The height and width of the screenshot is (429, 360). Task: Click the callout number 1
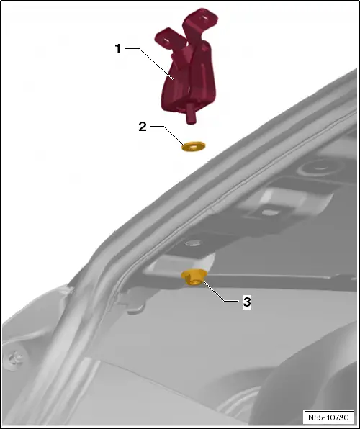pos(119,49)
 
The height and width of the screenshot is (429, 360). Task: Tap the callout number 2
pos(143,127)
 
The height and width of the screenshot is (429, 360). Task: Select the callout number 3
pos(246,302)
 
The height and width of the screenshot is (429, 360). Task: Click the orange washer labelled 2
pos(193,147)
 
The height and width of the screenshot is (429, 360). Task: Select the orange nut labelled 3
pos(193,276)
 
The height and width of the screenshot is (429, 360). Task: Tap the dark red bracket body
pos(184,83)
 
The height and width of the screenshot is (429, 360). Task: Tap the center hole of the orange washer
pos(193,146)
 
